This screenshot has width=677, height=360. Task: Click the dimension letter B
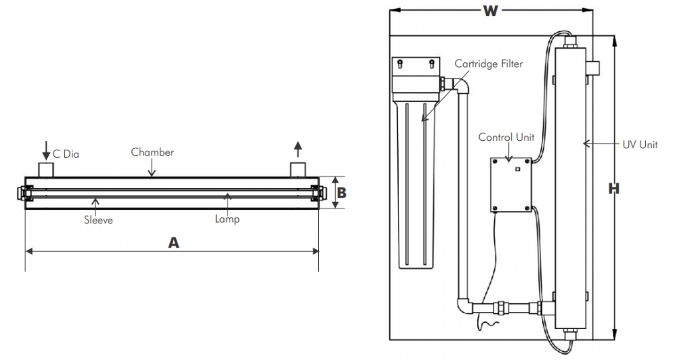[x=342, y=193]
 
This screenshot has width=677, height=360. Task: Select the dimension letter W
[x=492, y=12]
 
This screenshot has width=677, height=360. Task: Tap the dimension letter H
[x=613, y=189]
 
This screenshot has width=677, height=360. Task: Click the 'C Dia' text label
[x=66, y=154]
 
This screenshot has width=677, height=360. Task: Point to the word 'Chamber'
[x=152, y=152]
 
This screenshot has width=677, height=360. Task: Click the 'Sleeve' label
[x=98, y=220]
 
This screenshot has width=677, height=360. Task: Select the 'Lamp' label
[x=227, y=219]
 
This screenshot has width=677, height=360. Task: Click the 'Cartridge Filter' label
[x=488, y=64]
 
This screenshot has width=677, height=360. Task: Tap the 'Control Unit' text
[x=506, y=137]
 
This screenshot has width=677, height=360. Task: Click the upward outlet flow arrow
[x=299, y=147]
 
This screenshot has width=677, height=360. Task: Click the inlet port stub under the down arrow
[x=46, y=168]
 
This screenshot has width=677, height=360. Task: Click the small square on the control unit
[x=517, y=169]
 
